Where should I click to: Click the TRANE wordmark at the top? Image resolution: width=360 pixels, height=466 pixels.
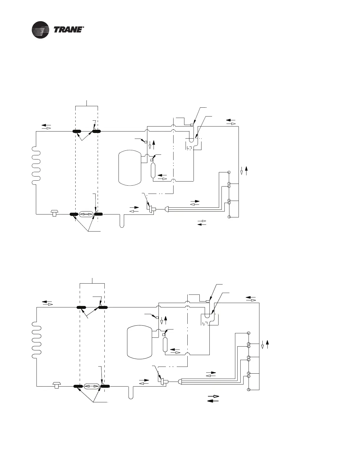(69, 30)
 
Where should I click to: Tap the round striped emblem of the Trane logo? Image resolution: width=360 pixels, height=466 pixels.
(41, 30)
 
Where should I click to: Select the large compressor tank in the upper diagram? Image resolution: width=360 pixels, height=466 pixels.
(130, 168)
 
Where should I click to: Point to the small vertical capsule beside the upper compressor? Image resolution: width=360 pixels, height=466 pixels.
(153, 171)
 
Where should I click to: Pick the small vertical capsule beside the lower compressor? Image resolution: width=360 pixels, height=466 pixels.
(165, 344)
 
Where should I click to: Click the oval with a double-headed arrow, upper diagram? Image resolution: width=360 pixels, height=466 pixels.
(86, 214)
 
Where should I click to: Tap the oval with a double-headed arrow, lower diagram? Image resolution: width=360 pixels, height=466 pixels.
(92, 387)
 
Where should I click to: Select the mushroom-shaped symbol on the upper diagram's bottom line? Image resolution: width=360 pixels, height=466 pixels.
(54, 213)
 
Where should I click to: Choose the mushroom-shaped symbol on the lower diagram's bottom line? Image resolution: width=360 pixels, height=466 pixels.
(56, 385)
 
